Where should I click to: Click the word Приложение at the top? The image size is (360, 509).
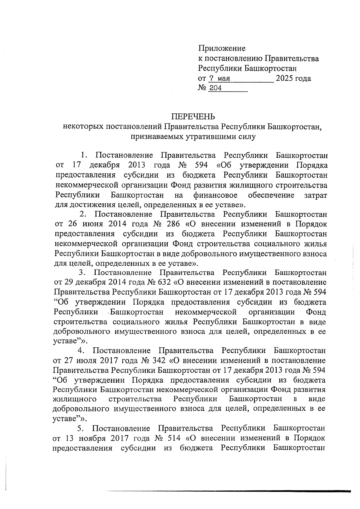coord(222,48)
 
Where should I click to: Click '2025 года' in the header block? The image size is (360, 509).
coord(293,79)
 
